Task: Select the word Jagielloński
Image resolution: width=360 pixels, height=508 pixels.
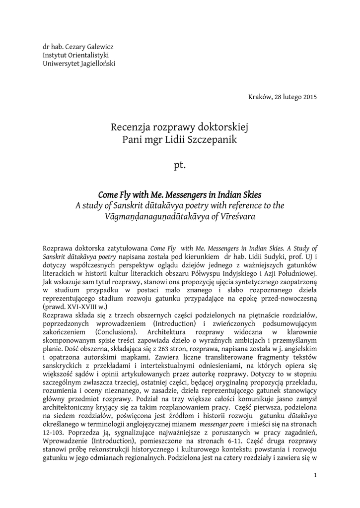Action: click(x=97, y=64)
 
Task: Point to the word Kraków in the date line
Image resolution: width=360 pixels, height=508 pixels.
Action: click(x=259, y=96)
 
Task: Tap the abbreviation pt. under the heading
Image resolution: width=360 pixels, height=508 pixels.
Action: click(x=180, y=165)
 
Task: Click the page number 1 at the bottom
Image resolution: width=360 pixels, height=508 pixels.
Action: click(x=316, y=476)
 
